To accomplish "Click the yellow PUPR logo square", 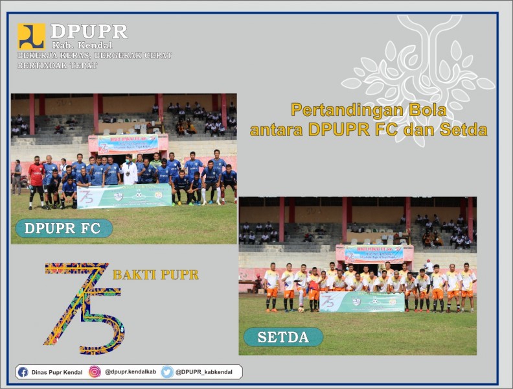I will coord(31,37).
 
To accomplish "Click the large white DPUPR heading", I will coord(89,31).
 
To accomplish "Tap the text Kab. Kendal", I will coord(82,45).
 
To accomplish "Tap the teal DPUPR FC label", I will coord(63,228).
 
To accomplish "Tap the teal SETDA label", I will coord(283,337).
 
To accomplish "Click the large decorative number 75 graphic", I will coord(82,305).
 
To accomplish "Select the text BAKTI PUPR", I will coord(155,274).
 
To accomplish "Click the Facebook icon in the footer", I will coord(23,372).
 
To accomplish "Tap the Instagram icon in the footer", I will coord(95,372).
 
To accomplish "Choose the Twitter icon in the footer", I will coord(167,372).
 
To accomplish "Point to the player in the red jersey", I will coord(36,180).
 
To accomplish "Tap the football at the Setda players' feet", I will coord(301,309).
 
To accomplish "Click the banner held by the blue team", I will coord(124,196).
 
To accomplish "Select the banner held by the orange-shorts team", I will coord(361,301).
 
